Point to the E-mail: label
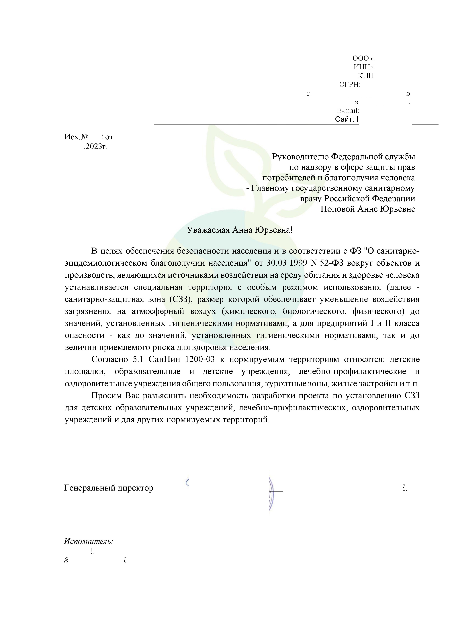click(348, 111)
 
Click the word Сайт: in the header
click(344, 119)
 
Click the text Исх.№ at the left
click(77, 137)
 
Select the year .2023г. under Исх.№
click(95, 147)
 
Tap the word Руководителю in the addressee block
click(300, 157)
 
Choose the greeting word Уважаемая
click(208, 230)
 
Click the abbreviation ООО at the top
click(360, 58)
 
